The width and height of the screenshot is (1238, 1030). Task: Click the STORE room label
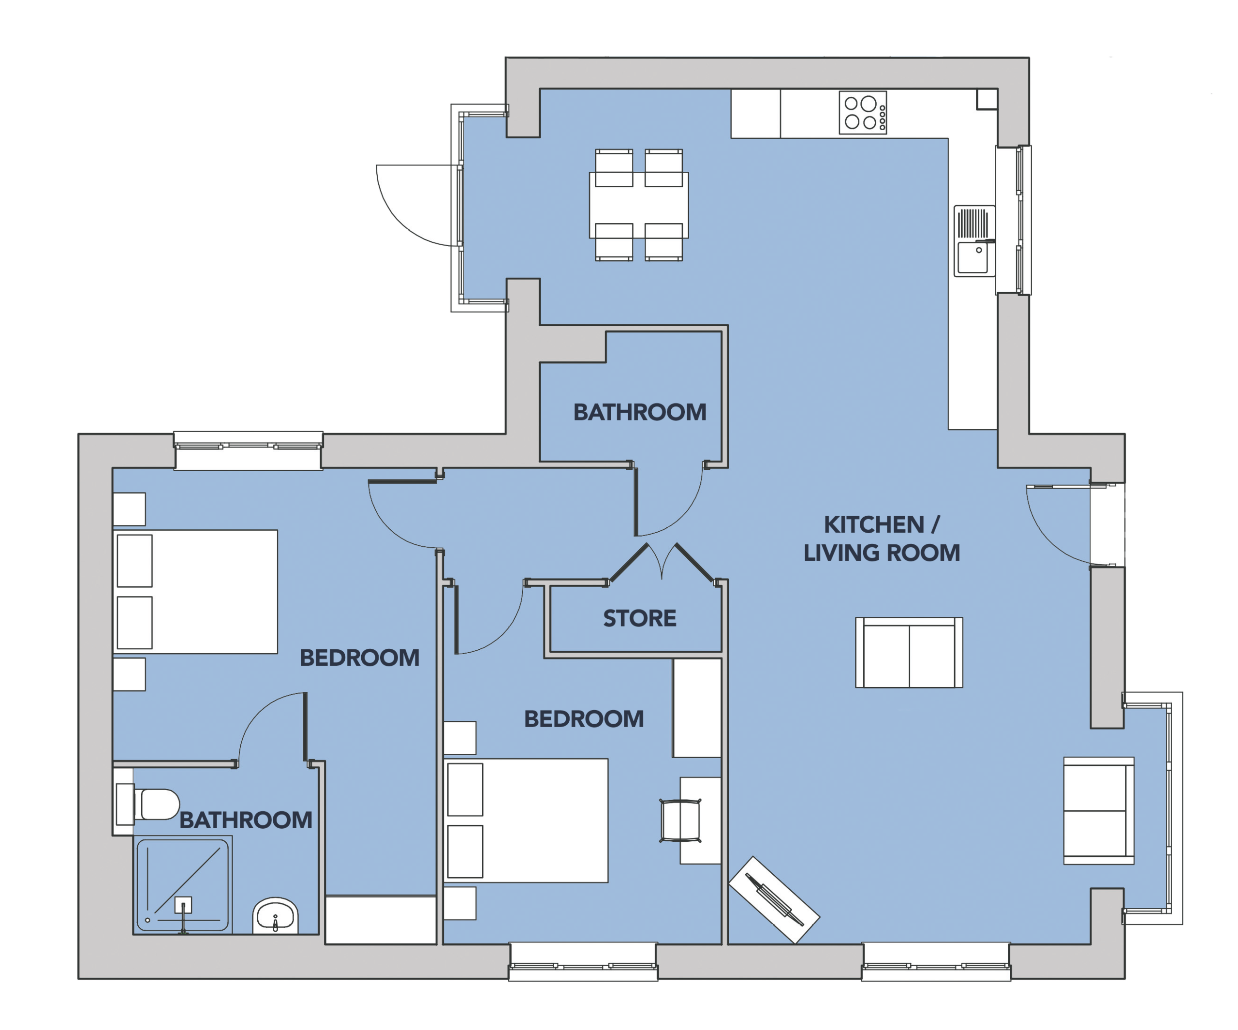coord(640,618)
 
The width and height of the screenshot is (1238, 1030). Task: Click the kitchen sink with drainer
coord(975,240)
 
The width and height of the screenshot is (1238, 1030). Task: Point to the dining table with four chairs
coord(639,205)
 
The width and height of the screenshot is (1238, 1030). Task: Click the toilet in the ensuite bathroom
coord(148,804)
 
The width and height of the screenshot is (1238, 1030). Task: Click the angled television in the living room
coord(774,899)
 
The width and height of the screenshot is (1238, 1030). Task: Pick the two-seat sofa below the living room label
coord(909,653)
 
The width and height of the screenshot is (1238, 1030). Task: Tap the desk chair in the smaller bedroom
coord(681,821)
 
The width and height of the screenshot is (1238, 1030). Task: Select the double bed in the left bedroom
coord(195,592)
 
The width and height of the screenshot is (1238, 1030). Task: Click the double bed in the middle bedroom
coord(525,821)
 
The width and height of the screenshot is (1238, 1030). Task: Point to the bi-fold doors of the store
coord(662,563)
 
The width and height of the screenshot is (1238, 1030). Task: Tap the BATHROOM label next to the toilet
coord(246,820)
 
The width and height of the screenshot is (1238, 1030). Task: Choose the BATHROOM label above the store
coord(640,412)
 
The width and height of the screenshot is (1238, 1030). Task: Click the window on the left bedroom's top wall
coord(248,450)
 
